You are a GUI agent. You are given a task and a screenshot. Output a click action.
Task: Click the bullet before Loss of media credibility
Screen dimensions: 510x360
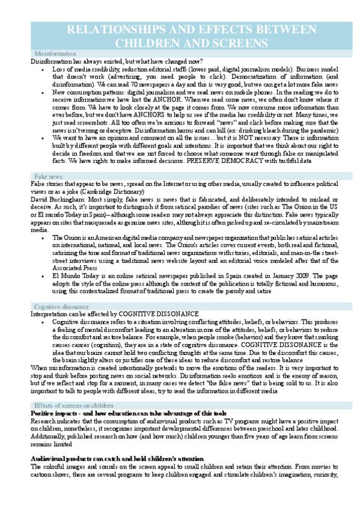42,70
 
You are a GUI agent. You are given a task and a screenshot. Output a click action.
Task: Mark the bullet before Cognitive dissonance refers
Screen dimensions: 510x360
42,322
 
